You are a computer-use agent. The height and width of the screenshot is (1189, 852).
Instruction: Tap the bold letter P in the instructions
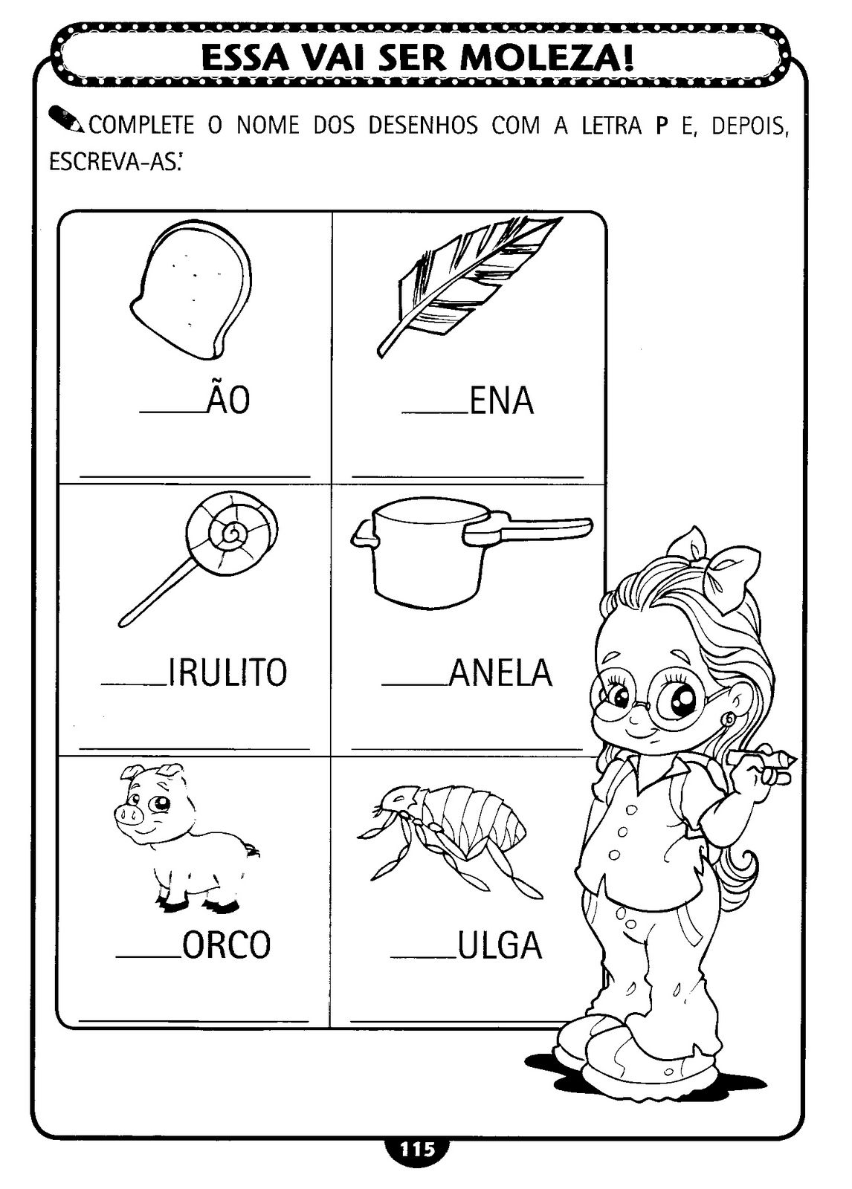click(x=661, y=127)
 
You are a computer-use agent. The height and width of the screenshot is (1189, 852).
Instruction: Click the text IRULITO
click(x=228, y=673)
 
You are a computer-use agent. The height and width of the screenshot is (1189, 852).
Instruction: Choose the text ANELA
click(x=500, y=673)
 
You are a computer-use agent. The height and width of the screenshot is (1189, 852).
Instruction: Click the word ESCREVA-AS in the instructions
click(x=112, y=162)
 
